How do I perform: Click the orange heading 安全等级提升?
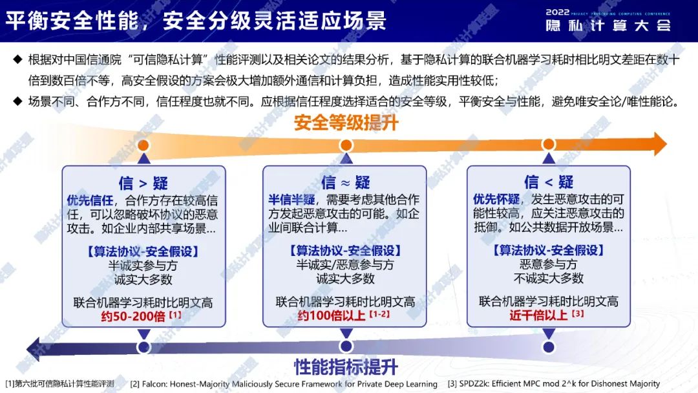click(346, 123)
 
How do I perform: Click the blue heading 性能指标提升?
click(346, 367)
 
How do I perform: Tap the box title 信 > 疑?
click(143, 183)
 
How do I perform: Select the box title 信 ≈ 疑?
click(345, 182)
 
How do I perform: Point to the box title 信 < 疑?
click(549, 182)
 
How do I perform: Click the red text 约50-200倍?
click(133, 317)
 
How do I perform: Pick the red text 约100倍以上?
click(332, 315)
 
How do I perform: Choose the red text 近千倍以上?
click(538, 315)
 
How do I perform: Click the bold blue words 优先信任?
click(90, 201)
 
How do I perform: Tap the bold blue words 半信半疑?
click(291, 200)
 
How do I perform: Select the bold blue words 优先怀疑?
click(496, 199)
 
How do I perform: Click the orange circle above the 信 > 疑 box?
click(143, 145)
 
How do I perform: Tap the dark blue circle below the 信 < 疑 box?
click(549, 346)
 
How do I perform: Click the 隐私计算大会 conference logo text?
click(608, 25)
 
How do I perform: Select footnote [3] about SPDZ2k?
click(554, 384)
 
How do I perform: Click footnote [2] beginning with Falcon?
click(284, 384)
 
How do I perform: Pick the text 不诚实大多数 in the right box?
click(549, 279)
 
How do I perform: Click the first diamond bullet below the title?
click(18, 59)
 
